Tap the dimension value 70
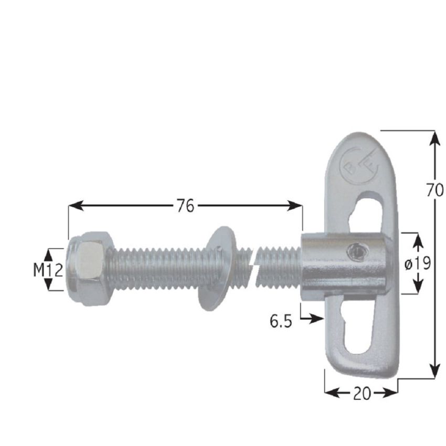pos(434,190)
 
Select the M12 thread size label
pos(48,270)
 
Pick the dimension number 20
pos(362,393)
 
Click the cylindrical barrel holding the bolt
pos(344,266)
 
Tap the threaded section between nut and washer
pos(157,268)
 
